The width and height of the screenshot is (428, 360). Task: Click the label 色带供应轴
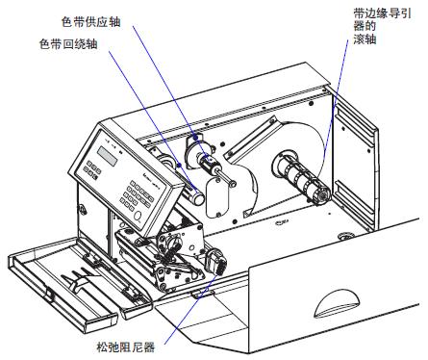[x=91, y=21]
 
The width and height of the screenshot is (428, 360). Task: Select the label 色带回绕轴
[x=68, y=43]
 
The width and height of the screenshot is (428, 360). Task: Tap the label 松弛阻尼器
[x=126, y=347]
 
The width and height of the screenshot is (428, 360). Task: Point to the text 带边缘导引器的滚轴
[x=382, y=26]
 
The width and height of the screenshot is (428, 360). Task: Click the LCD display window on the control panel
[x=108, y=156]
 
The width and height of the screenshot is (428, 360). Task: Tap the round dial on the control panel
[x=138, y=216]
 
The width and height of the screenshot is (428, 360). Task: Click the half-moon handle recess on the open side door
[x=337, y=303]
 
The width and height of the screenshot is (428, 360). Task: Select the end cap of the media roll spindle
[x=322, y=195]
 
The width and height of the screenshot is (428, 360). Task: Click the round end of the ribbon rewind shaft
[x=199, y=198]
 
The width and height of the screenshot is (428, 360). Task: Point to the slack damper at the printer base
[x=216, y=262]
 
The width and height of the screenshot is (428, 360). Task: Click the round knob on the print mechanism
[x=173, y=242]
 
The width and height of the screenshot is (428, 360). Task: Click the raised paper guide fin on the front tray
[x=76, y=280]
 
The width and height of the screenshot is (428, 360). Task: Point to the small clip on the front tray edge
[x=49, y=295]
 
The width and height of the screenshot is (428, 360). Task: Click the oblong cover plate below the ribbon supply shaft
[x=217, y=198]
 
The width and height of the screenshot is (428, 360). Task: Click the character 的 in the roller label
[x=370, y=26]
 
